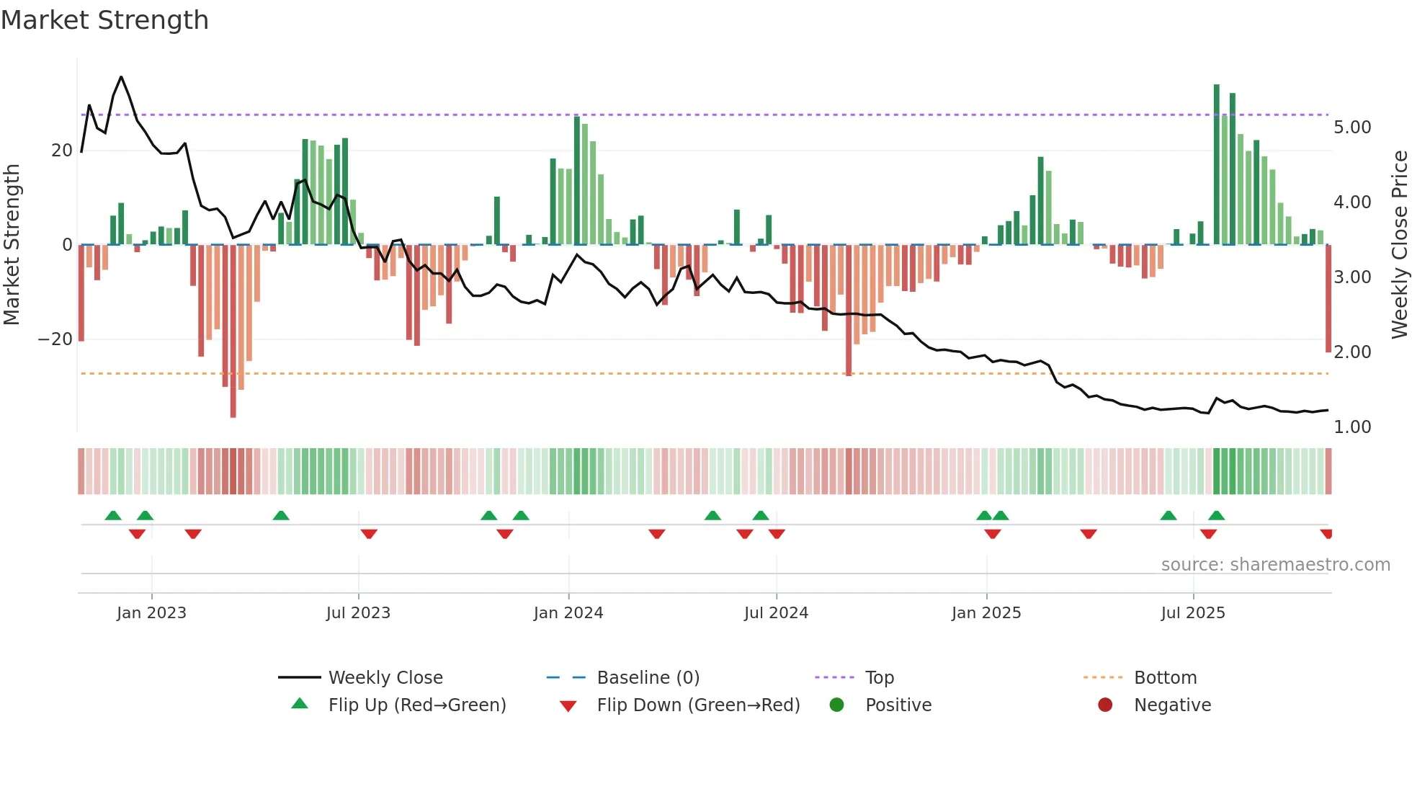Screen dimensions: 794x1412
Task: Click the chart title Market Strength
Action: click(x=104, y=20)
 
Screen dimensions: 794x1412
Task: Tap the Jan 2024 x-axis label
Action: click(x=568, y=613)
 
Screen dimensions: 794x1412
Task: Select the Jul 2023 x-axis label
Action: click(x=358, y=613)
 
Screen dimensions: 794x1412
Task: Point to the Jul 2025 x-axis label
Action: click(x=1192, y=613)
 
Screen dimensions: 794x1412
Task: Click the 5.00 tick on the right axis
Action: click(x=1351, y=128)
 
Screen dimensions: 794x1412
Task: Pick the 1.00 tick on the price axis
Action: click(x=1351, y=427)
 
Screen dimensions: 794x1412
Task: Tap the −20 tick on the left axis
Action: click(x=55, y=339)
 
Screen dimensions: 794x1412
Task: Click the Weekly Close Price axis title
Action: click(x=1399, y=244)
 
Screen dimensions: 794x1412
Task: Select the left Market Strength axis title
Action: click(x=12, y=244)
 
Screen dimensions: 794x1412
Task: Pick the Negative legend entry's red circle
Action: click(x=1104, y=705)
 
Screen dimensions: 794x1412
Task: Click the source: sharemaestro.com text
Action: click(x=1275, y=565)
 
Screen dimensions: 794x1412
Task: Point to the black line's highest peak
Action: click(x=121, y=77)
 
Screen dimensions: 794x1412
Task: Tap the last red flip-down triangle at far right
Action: click(x=1326, y=534)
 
